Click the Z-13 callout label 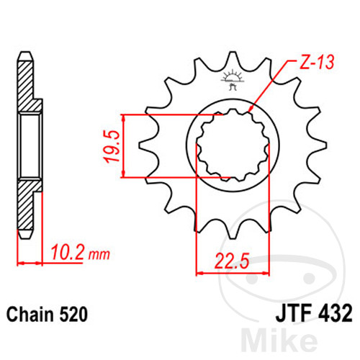317,62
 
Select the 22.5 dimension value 232,261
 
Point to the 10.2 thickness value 68,252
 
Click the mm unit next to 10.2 99,255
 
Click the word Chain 30,314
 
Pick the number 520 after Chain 73,314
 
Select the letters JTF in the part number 294,313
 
